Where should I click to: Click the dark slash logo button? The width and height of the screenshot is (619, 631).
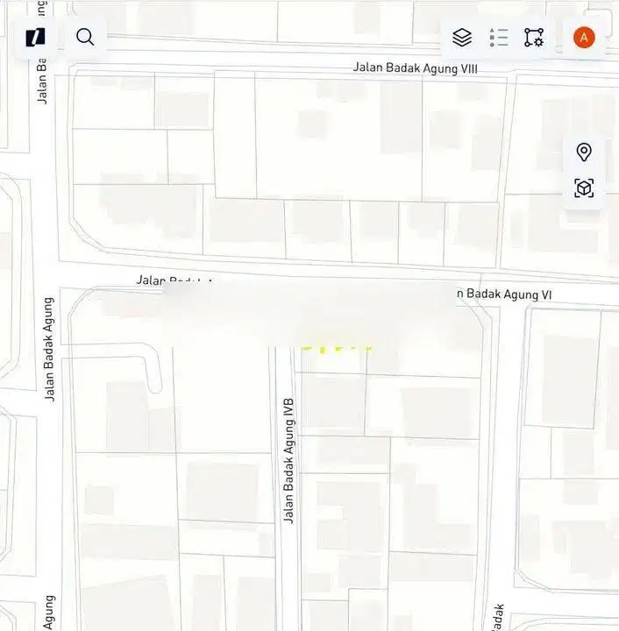tap(35, 37)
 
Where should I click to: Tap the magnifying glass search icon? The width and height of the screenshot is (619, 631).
tap(85, 37)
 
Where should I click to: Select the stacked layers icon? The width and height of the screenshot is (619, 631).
tap(462, 37)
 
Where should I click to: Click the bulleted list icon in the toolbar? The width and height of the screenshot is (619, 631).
tap(499, 37)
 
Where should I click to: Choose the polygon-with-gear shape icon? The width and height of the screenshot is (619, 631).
tap(534, 37)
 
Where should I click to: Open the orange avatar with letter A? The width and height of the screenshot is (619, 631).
tap(584, 37)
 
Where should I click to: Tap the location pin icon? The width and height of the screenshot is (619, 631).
tap(584, 152)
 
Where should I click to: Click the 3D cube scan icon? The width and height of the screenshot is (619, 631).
tap(584, 188)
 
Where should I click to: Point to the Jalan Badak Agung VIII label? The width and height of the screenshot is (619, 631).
tap(416, 67)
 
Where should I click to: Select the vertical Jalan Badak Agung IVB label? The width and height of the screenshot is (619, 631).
tap(288, 461)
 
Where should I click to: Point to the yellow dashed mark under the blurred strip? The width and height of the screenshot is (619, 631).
tap(336, 344)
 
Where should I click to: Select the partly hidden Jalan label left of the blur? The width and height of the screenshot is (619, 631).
tap(151, 280)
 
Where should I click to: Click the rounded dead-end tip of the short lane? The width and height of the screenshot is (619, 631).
tap(154, 385)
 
